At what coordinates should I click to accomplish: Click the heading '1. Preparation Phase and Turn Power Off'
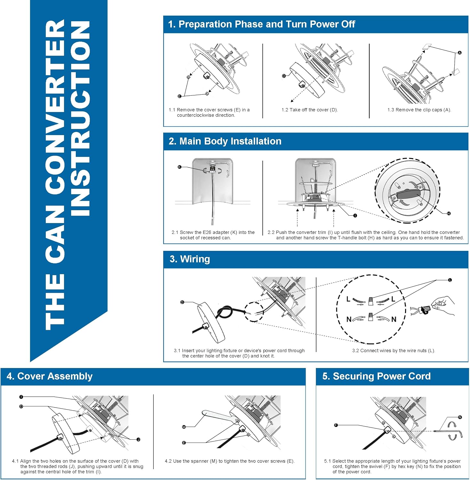[261, 24]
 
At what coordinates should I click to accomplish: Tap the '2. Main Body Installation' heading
[225, 141]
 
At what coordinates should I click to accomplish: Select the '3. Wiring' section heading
[190, 259]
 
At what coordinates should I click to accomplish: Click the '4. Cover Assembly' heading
[50, 376]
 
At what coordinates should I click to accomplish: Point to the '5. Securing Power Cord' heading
[377, 376]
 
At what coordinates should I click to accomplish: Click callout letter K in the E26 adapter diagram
[179, 167]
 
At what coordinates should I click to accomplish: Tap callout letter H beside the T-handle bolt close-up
[449, 213]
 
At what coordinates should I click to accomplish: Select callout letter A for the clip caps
[460, 53]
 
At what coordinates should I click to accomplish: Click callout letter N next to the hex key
[460, 417]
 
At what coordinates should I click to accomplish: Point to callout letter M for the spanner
[184, 427]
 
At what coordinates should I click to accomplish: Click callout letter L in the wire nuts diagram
[450, 280]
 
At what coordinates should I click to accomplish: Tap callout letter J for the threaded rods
[139, 440]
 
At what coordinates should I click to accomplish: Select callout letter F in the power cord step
[336, 425]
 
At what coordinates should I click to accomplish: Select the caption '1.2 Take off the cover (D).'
[310, 110]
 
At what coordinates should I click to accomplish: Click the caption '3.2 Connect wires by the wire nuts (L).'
[394, 351]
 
